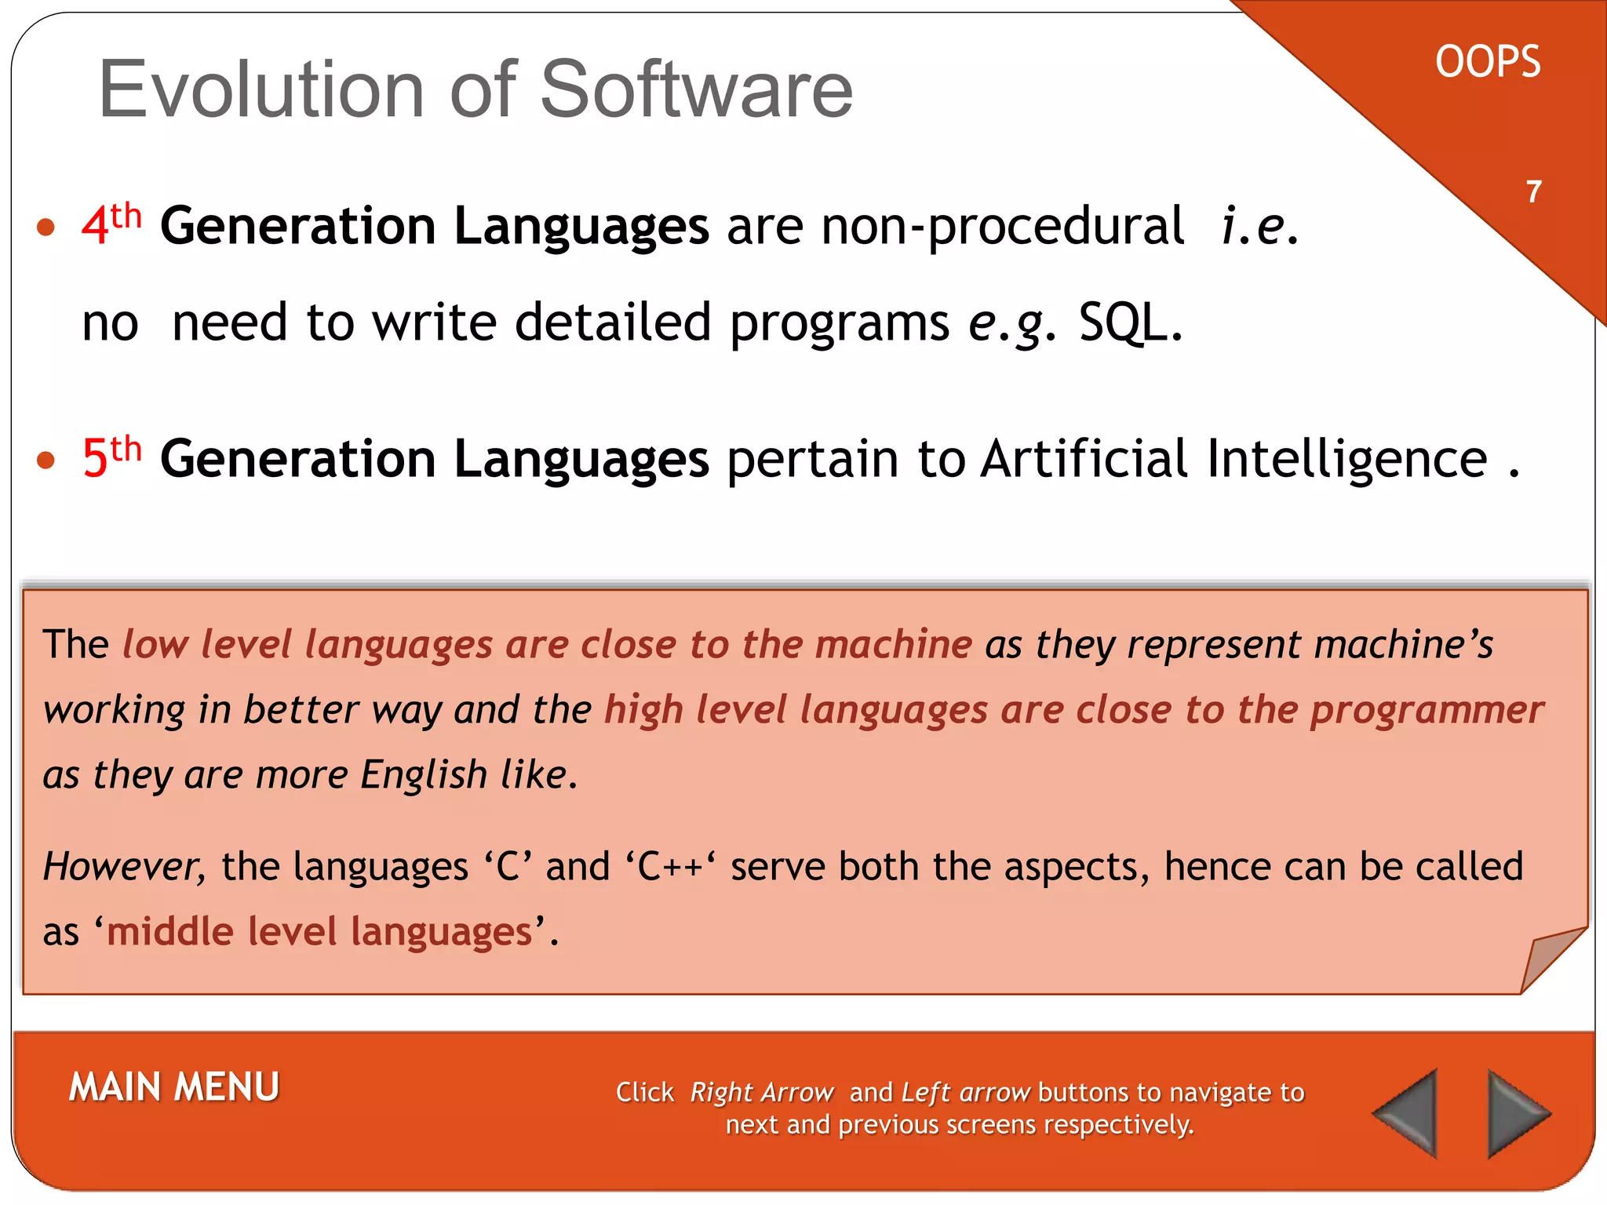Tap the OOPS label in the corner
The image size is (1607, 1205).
[1488, 63]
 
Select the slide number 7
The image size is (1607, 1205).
[1534, 192]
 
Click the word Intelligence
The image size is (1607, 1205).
[1346, 460]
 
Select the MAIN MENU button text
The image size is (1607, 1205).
[174, 1087]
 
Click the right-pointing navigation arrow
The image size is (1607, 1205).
[1515, 1112]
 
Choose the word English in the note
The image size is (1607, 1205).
[424, 775]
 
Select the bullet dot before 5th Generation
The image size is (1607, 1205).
[46, 460]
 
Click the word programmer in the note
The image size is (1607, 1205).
[1427, 710]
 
